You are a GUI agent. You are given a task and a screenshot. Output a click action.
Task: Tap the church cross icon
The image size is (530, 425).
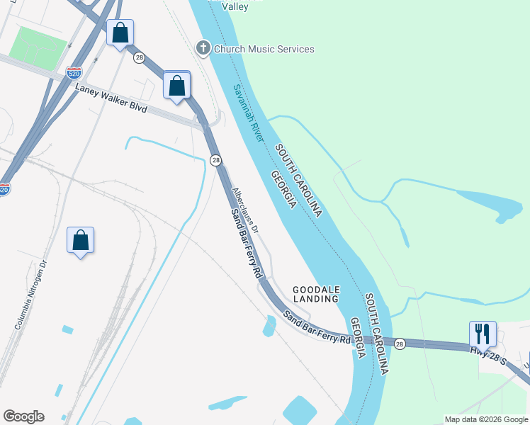coord(203,48)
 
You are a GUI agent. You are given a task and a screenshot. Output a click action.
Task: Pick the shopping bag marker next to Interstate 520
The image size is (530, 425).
coord(120,32)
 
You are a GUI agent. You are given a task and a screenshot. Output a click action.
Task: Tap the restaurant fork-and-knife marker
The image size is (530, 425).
coord(483,334)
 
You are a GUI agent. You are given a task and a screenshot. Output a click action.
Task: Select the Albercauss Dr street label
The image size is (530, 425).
coord(247,211)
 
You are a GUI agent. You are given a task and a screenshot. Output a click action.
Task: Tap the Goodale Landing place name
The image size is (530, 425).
coord(316,294)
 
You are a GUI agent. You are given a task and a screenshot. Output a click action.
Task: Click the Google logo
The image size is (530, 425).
coord(23,416)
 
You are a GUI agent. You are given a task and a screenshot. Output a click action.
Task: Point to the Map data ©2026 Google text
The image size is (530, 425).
coord(486,419)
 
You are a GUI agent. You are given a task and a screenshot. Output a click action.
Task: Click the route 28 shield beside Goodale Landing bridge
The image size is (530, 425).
coord(400,343)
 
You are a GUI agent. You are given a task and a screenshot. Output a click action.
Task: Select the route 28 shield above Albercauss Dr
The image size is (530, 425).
coord(215,161)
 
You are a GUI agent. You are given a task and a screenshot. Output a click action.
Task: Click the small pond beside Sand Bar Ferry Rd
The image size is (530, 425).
coord(269,327)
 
